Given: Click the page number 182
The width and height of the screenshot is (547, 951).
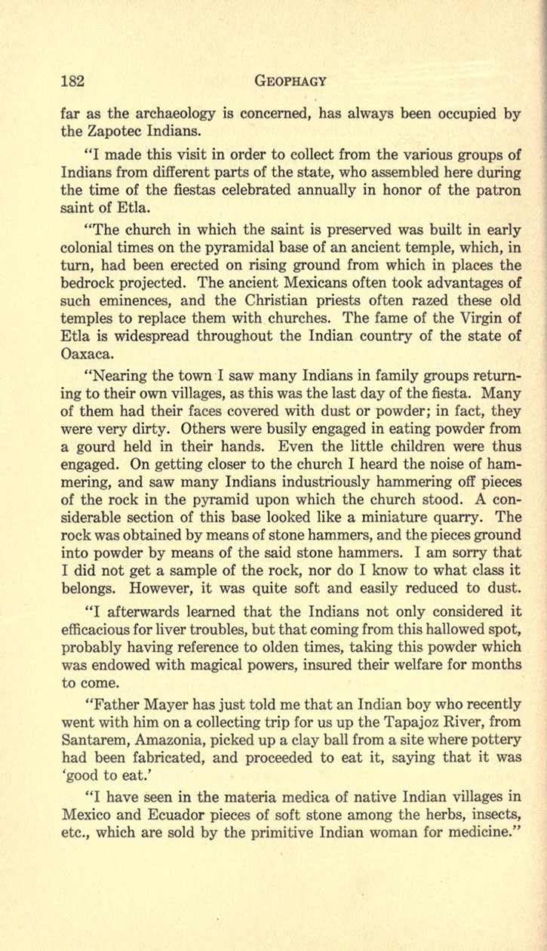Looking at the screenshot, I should [x=75, y=82].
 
